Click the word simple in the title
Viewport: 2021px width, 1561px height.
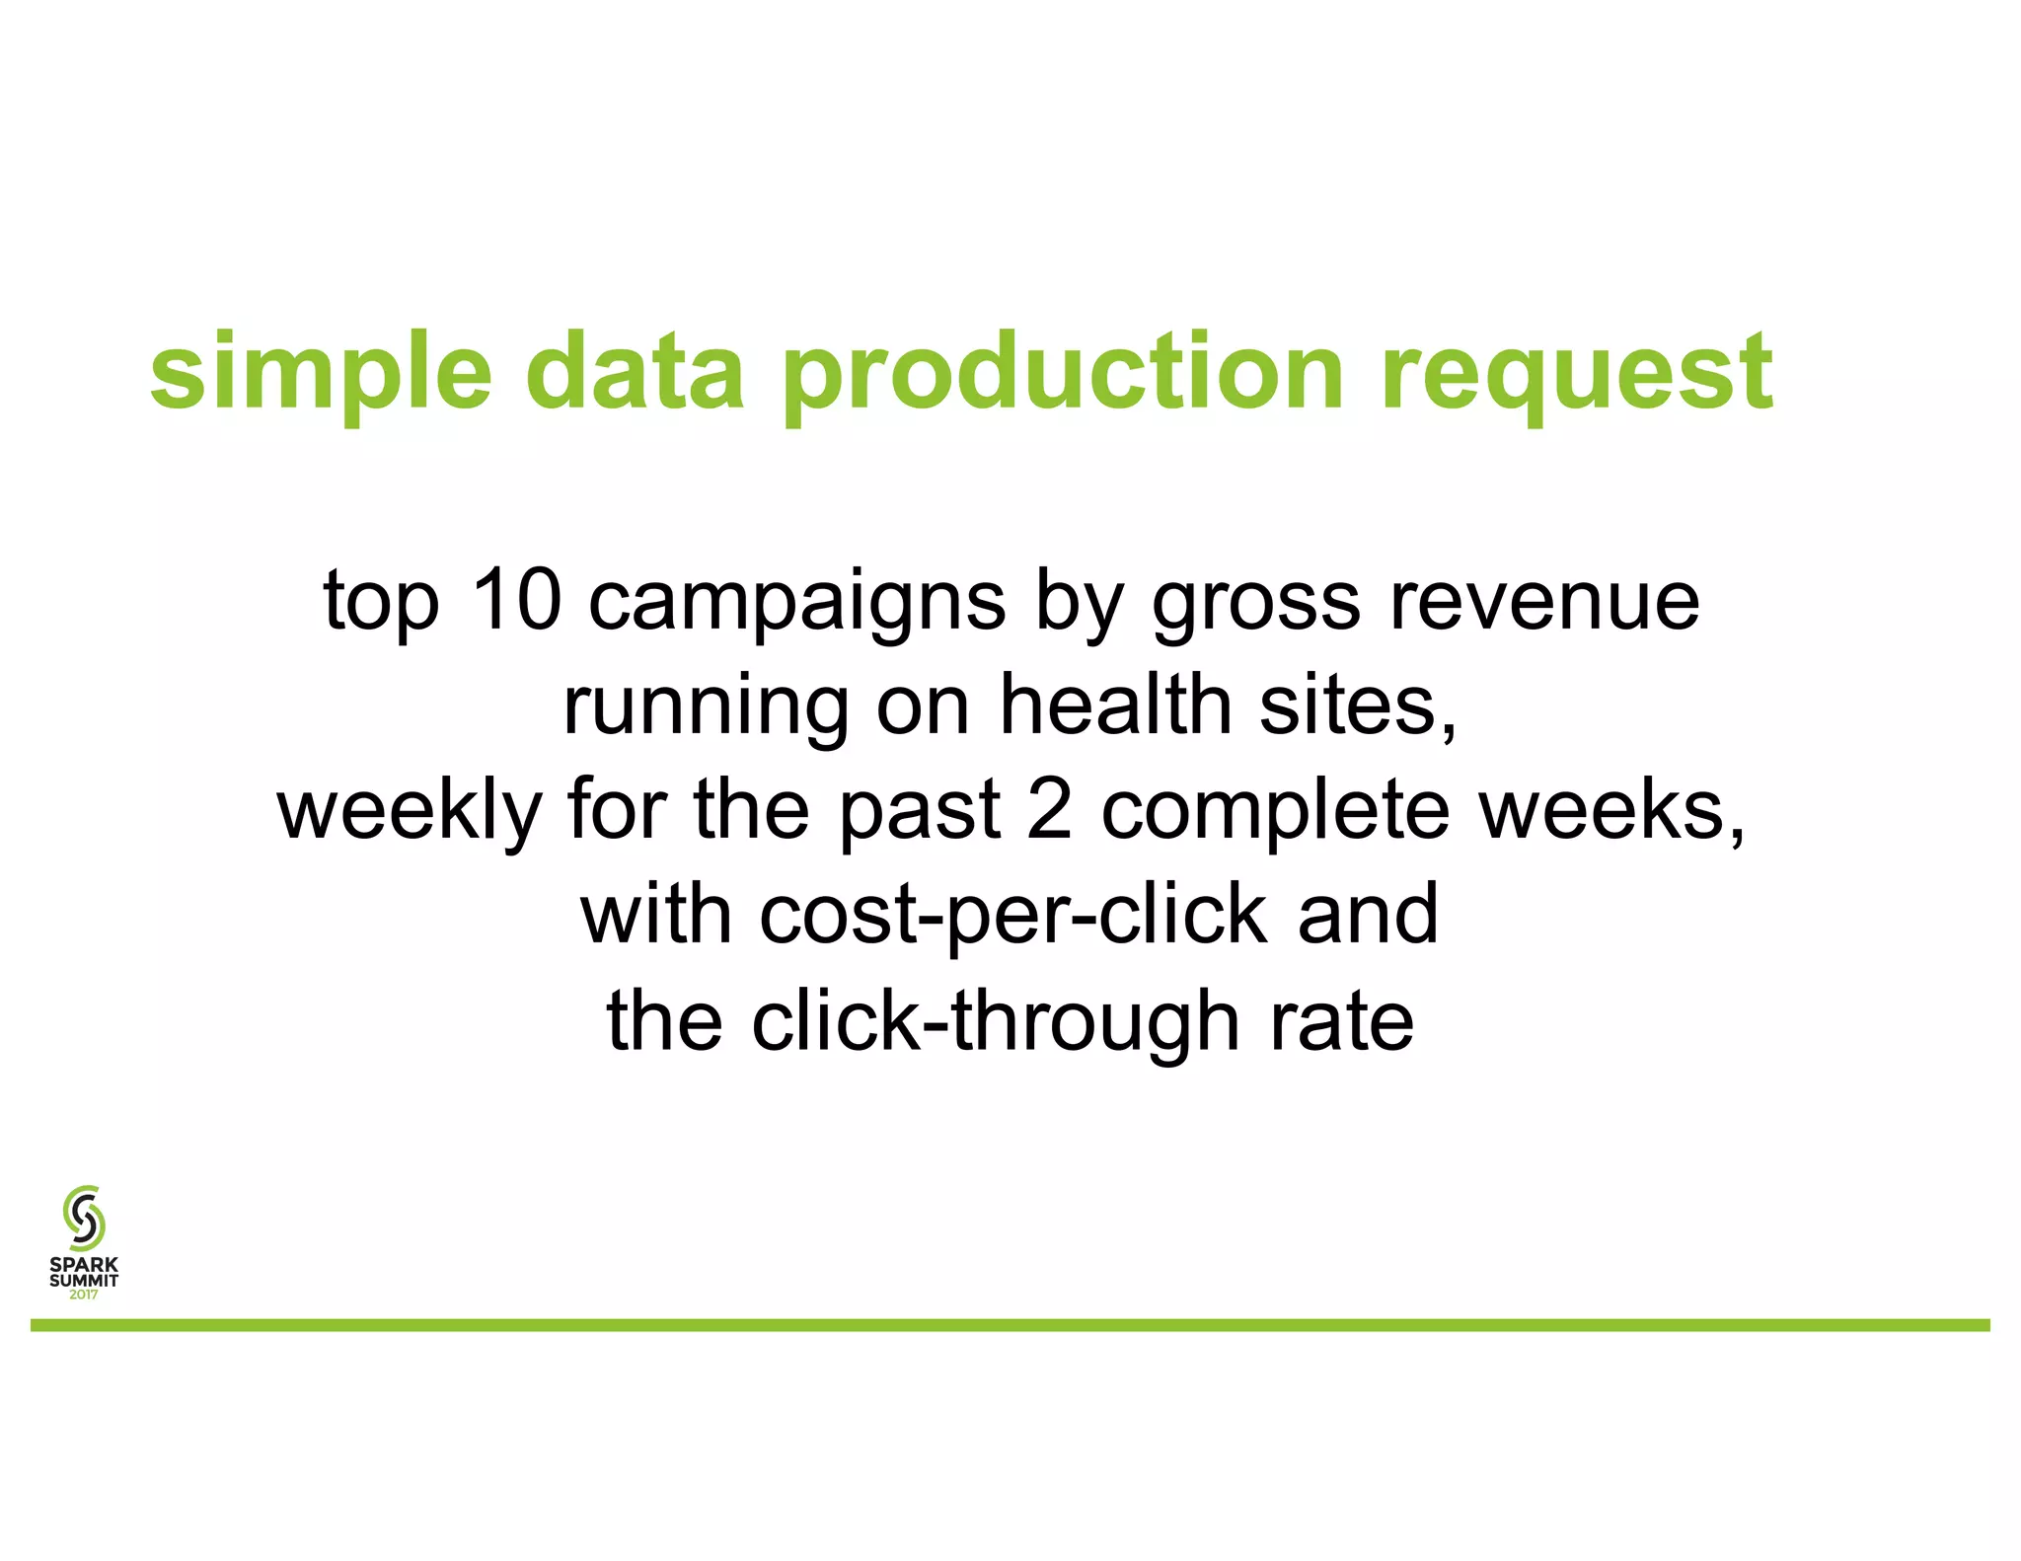(x=321, y=375)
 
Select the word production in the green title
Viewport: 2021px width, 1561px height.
(x=1062, y=375)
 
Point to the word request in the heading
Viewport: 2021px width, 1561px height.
(x=1576, y=375)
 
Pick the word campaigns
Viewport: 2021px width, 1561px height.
(x=797, y=604)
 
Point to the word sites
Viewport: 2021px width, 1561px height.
(x=1358, y=706)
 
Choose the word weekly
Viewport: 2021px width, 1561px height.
(x=410, y=811)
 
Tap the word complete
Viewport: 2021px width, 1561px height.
(x=1275, y=811)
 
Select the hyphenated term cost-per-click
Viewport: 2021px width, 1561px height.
(x=1012, y=917)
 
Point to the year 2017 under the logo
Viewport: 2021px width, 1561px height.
(x=84, y=1296)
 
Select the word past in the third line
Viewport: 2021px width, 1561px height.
(x=921, y=811)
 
